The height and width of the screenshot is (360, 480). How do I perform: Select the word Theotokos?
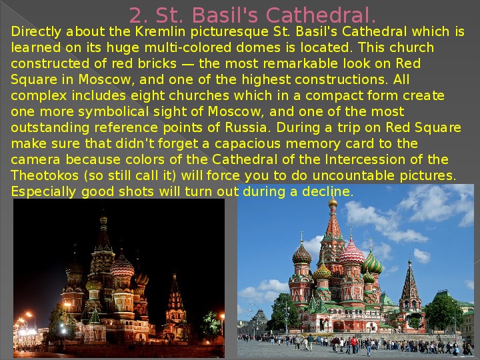tap(45, 175)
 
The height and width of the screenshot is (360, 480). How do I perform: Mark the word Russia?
tap(247, 127)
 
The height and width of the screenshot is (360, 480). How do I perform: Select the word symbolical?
tap(113, 112)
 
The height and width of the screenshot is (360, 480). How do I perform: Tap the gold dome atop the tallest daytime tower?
tap(333, 203)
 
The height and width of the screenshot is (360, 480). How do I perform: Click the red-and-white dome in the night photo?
tap(122, 266)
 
